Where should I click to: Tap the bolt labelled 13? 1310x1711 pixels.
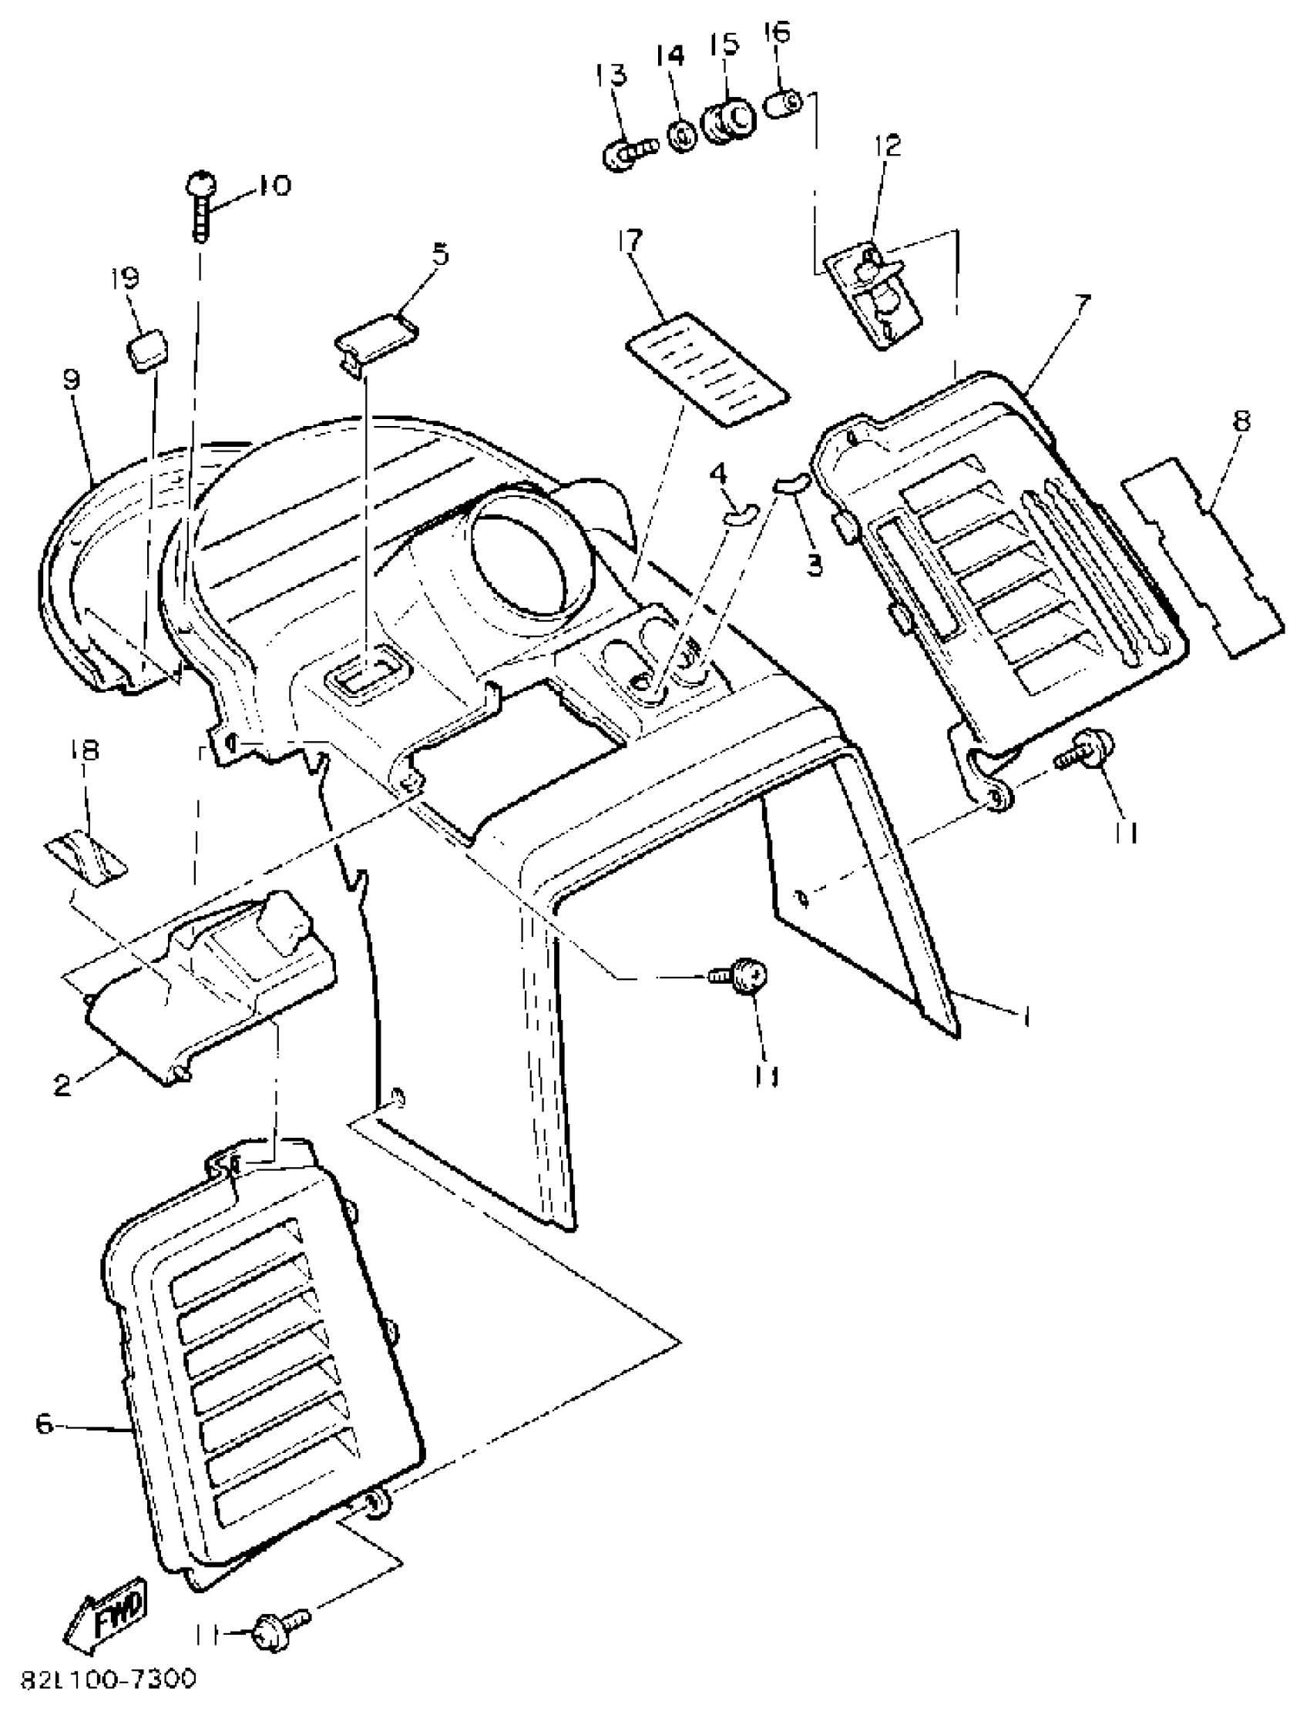[x=627, y=151]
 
